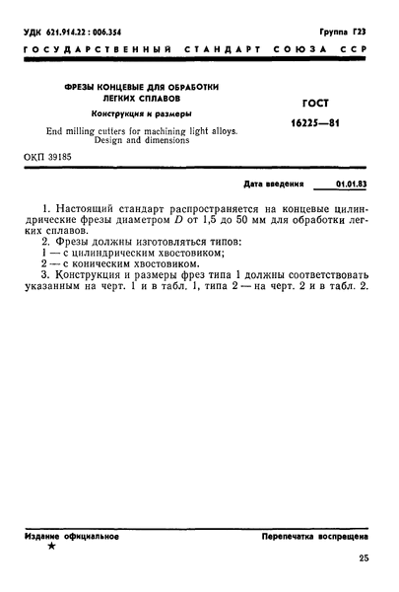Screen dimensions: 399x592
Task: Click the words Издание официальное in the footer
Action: [72, 536]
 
